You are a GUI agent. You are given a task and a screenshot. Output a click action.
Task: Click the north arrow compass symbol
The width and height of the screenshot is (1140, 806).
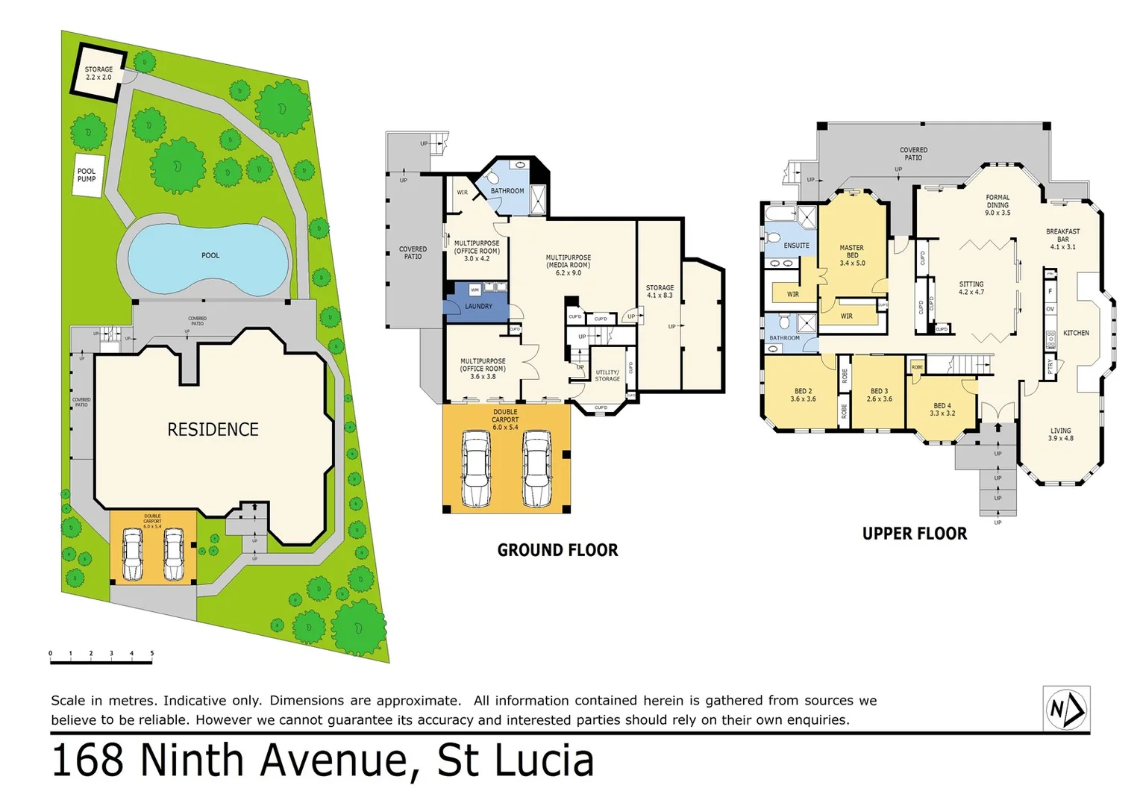point(1066,709)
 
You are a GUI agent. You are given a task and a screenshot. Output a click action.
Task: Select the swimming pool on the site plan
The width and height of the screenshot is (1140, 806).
point(208,257)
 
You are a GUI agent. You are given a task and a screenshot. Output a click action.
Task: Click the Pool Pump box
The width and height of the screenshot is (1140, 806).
point(87,175)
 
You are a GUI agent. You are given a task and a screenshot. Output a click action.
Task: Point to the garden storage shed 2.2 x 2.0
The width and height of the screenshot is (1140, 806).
point(98,73)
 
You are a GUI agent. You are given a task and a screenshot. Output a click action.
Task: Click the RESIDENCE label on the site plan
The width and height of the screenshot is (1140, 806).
point(213,430)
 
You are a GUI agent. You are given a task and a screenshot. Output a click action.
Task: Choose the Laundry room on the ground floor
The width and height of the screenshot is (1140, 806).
point(477,307)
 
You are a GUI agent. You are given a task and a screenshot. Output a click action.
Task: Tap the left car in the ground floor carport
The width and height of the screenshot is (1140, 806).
point(476,468)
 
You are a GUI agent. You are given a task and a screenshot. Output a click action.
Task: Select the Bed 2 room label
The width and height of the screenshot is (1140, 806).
point(803,395)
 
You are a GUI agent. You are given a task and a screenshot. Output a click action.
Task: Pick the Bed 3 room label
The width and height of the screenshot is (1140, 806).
point(879,395)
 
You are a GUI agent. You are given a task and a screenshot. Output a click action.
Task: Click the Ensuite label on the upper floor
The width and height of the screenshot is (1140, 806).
point(796,246)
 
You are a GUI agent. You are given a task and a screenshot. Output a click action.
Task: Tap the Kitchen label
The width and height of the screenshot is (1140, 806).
point(1075,333)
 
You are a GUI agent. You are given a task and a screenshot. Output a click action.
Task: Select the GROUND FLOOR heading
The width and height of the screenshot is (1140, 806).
point(557,550)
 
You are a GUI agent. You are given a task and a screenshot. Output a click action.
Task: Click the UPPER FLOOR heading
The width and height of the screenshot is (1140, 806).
point(914,534)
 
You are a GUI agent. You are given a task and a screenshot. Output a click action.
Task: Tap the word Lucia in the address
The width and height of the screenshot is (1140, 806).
point(544,760)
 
